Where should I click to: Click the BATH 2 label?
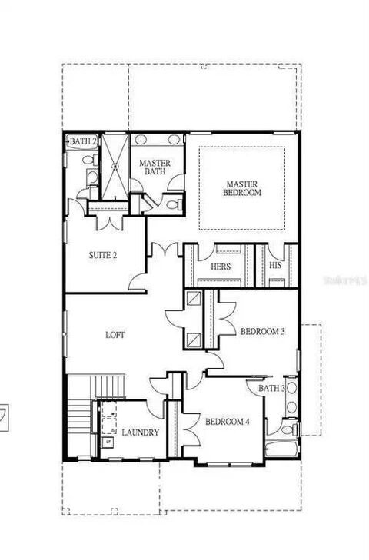click(x=83, y=141)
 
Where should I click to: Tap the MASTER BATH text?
click(x=155, y=167)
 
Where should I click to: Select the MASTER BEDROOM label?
click(x=242, y=188)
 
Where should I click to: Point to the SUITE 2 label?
click(x=102, y=255)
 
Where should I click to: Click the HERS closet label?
click(x=221, y=267)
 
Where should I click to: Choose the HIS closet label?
click(x=275, y=265)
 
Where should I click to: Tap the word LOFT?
click(x=115, y=335)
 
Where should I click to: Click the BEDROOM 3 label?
click(x=262, y=331)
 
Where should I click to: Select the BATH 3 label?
click(x=271, y=388)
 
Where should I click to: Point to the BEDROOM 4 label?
click(x=228, y=422)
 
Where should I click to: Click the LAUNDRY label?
click(x=140, y=432)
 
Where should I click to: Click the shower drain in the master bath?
click(x=115, y=166)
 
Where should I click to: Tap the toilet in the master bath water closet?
click(x=175, y=204)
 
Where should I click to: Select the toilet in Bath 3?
click(x=290, y=428)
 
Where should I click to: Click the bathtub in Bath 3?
click(x=281, y=449)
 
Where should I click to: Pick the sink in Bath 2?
click(x=92, y=177)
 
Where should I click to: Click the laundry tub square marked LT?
click(x=108, y=442)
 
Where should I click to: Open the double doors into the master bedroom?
click(x=165, y=249)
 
